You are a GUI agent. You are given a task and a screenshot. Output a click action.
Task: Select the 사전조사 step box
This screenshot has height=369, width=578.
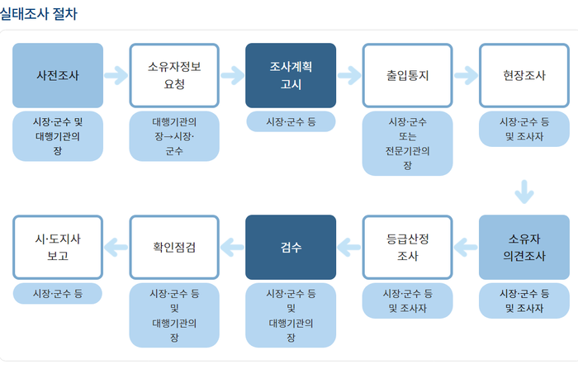click(x=58, y=75)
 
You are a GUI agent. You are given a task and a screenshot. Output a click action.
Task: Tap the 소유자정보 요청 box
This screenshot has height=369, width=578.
click(x=174, y=75)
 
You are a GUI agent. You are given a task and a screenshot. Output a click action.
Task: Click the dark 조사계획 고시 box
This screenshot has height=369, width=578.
click(x=291, y=75)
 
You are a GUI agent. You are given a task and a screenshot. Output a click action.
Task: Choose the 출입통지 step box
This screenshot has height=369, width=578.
click(x=407, y=75)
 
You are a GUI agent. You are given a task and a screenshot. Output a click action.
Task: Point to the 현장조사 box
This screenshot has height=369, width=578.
click(x=524, y=75)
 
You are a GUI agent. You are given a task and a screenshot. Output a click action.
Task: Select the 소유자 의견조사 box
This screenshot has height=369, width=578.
click(x=524, y=247)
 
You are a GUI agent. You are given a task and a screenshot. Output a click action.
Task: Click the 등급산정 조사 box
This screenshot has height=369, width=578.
click(x=407, y=247)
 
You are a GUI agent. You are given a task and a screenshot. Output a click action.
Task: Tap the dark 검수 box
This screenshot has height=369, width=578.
click(x=291, y=247)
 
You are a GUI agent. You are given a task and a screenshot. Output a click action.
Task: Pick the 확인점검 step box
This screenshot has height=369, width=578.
click(x=174, y=247)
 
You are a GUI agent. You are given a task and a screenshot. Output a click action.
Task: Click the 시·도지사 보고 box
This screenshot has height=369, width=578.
click(x=58, y=247)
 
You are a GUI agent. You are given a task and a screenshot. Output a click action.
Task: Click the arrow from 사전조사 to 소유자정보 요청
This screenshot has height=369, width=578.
click(x=116, y=75)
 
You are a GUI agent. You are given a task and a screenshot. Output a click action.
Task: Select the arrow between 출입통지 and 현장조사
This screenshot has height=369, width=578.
click(x=466, y=75)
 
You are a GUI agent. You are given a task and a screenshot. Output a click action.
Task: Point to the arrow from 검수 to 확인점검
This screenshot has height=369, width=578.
click(x=232, y=246)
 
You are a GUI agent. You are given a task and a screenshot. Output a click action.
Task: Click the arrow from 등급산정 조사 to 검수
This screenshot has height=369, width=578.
click(x=349, y=246)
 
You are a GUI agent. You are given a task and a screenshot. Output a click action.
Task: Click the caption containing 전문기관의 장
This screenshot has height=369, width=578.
click(x=407, y=144)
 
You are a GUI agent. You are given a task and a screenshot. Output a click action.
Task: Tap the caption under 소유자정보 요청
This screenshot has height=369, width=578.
click(x=174, y=136)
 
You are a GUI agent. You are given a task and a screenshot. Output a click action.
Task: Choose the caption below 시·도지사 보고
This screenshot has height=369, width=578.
click(x=58, y=293)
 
